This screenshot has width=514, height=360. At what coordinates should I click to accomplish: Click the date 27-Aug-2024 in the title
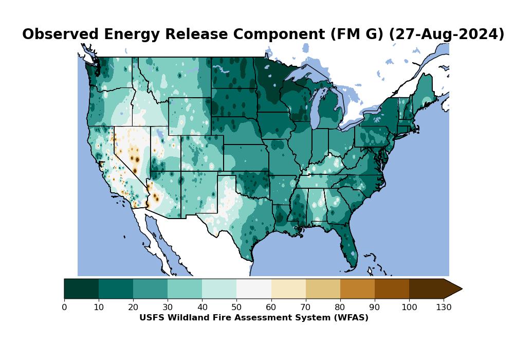pos(447,34)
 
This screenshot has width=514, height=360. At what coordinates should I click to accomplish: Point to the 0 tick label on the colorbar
pos(64,308)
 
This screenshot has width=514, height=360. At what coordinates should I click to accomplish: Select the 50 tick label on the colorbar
pos(236,308)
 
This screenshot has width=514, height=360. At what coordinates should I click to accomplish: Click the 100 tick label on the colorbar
pos(409,308)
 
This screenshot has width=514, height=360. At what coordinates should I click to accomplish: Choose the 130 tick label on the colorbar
pos(444,308)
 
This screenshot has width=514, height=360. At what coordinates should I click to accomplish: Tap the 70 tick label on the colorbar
pos(305,308)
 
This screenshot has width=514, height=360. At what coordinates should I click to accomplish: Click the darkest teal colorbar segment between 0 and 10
pos(81,289)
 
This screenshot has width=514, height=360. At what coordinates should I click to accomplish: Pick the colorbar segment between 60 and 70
pos(288,289)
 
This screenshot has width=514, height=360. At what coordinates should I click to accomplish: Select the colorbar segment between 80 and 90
pos(357,289)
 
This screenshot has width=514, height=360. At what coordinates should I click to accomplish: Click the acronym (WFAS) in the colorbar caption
pos(352,318)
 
